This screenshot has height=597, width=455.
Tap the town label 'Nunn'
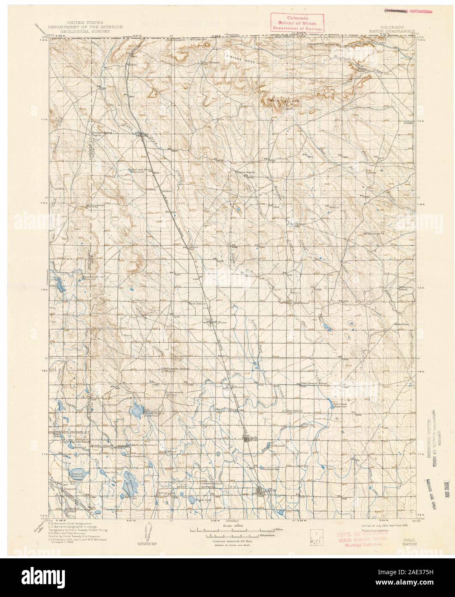pyautogui.click(x=222, y=320)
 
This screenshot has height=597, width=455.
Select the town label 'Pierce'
pyautogui.click(x=238, y=387)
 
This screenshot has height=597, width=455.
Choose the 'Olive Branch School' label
pyautogui.click(x=314, y=383)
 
